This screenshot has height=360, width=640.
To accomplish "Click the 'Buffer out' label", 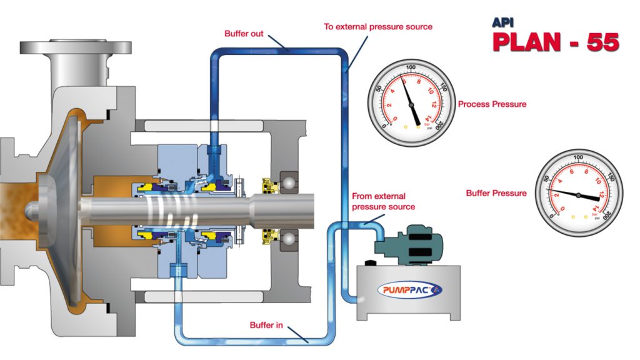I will pos(244,33).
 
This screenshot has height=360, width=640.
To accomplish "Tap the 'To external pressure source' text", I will pos(377,27).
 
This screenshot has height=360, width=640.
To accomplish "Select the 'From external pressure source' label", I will pos(383,201).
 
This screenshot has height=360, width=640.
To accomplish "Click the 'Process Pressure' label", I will pos(492,104).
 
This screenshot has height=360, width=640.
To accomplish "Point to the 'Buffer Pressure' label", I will pos(496,193).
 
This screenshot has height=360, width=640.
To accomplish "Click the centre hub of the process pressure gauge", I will pos(410,104).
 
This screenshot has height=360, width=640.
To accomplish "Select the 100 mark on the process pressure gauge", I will pos(410,67).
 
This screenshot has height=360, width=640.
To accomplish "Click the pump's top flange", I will pos(76,47).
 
